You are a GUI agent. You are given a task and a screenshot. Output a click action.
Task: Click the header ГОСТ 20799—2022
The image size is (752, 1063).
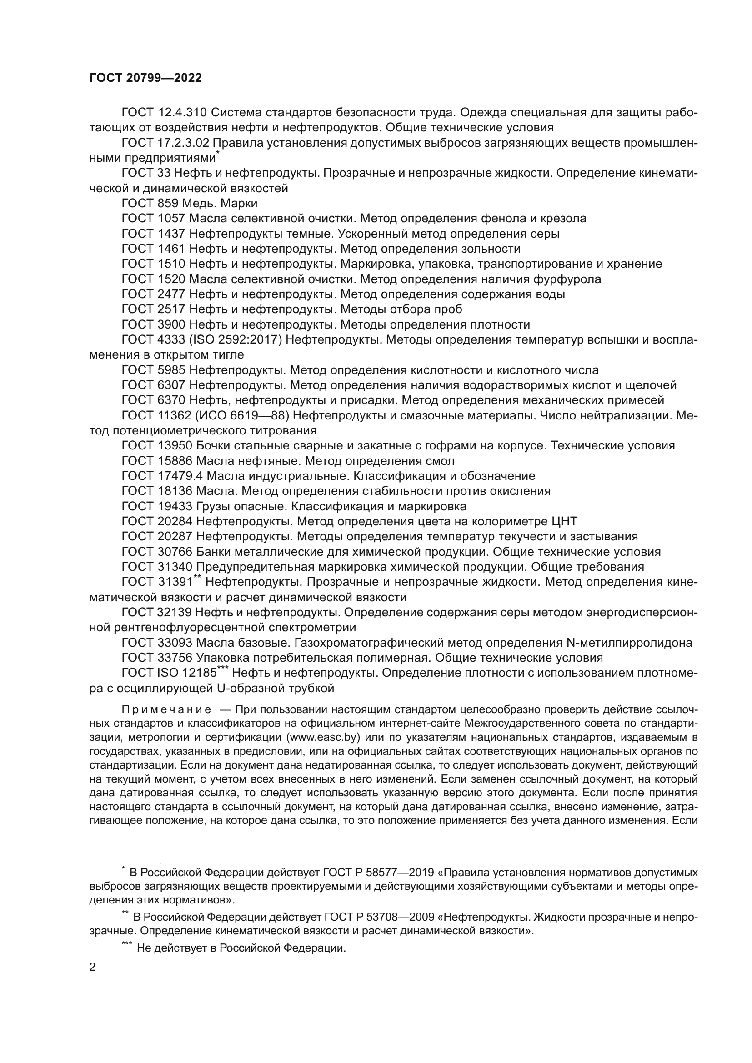(145, 78)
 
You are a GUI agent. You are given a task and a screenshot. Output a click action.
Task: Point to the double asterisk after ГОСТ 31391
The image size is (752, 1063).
(197, 577)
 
